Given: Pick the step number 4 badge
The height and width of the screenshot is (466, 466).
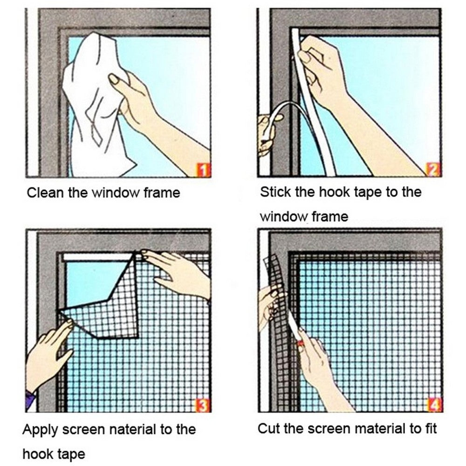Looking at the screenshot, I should [434, 406].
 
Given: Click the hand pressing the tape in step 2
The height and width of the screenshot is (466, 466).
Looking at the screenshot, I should [322, 70].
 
